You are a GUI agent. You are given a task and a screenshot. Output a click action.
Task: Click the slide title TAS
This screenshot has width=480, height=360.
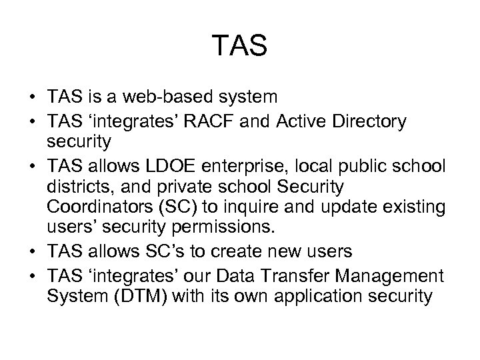[x=240, y=46]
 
